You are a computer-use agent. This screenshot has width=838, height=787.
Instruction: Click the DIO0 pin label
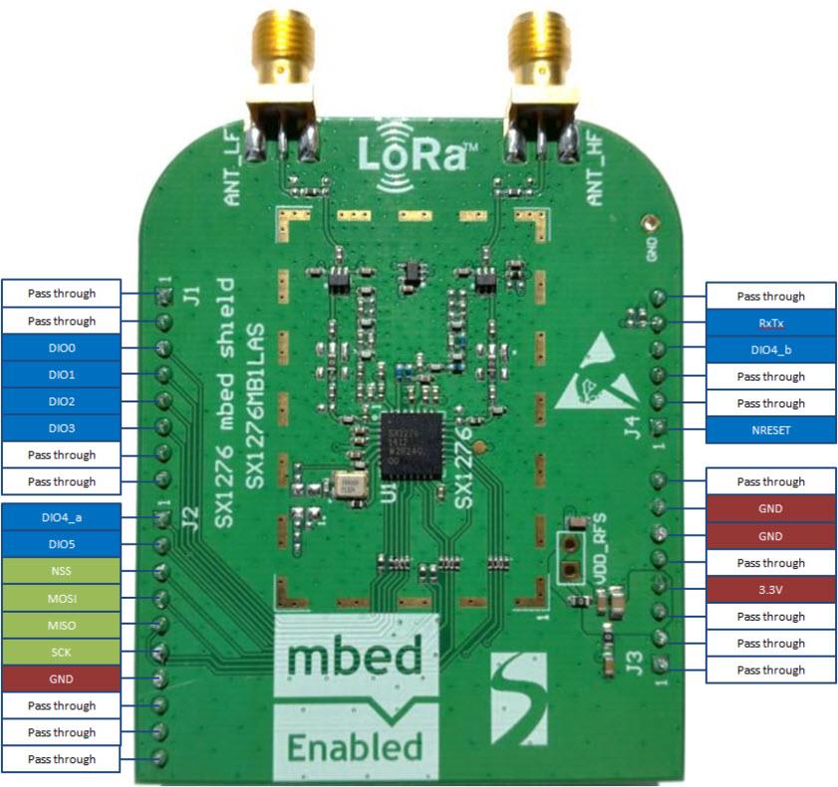click(x=62, y=348)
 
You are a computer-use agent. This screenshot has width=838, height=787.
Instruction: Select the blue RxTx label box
click(x=770, y=323)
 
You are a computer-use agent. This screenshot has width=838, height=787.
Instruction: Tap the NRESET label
click(x=770, y=430)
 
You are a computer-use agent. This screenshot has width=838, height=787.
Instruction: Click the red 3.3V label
click(x=770, y=590)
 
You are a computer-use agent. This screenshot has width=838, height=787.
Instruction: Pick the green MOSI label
click(x=62, y=599)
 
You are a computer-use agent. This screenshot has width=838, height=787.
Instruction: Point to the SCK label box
click(x=62, y=653)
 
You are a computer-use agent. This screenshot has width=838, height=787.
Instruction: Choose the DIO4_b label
click(x=770, y=350)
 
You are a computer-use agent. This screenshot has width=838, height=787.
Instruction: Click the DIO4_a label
click(x=62, y=518)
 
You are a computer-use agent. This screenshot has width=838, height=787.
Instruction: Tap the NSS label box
click(x=62, y=572)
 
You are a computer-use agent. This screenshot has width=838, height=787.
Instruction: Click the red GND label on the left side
click(x=62, y=679)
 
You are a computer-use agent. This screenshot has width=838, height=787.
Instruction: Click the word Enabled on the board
click(x=355, y=745)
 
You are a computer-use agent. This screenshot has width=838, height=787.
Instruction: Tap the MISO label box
click(x=62, y=626)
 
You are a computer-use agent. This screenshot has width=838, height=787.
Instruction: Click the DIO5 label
click(x=62, y=545)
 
